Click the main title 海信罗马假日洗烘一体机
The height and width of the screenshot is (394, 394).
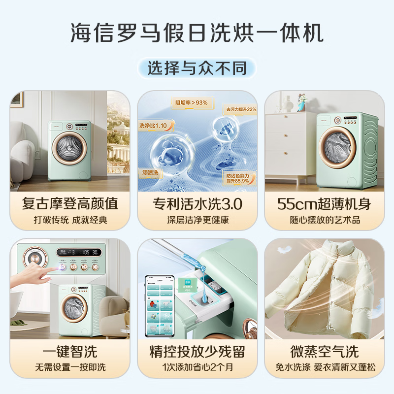(x=197, y=33)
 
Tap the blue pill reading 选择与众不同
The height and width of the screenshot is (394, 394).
(x=197, y=67)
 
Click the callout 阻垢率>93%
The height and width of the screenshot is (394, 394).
(x=192, y=103)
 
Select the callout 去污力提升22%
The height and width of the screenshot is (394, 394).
(x=241, y=109)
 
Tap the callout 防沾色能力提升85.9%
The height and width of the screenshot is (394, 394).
(x=240, y=177)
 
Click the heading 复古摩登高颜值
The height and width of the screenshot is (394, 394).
(x=70, y=203)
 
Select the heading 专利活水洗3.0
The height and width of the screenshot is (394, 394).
(x=197, y=203)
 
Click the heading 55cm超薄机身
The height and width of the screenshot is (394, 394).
(x=324, y=203)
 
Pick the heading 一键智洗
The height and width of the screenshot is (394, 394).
(x=70, y=351)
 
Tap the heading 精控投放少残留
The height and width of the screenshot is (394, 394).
(x=197, y=351)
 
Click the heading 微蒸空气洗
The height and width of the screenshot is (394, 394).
(x=324, y=351)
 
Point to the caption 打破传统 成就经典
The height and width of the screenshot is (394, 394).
(x=70, y=220)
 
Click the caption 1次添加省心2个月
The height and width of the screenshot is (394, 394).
(x=197, y=367)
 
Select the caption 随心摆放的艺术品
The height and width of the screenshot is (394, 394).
(x=324, y=220)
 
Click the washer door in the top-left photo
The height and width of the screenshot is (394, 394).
(x=69, y=149)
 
